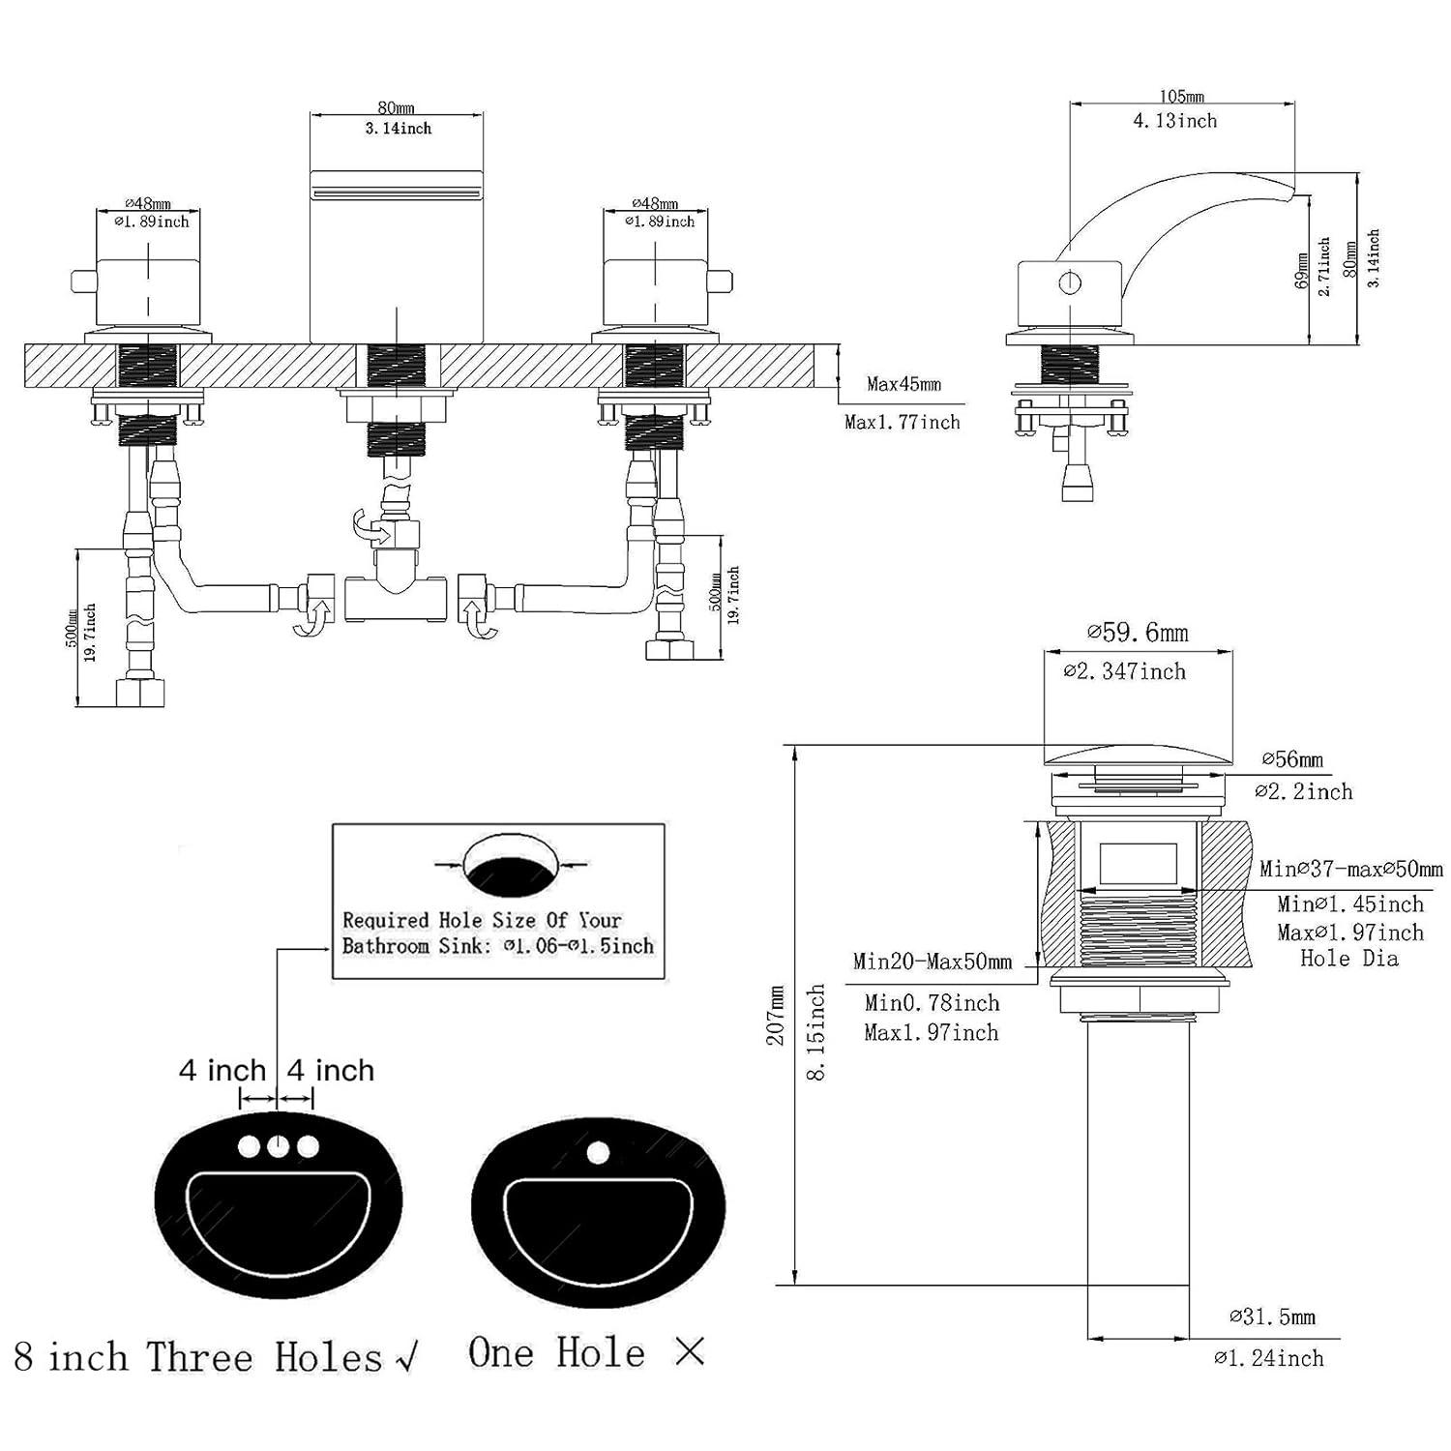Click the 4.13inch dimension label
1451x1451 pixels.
click(1174, 121)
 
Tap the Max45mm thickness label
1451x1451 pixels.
click(903, 384)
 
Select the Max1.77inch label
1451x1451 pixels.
click(902, 422)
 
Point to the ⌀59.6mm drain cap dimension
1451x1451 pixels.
click(1138, 633)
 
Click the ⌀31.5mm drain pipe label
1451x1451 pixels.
click(1272, 1317)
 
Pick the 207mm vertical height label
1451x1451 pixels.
click(776, 1015)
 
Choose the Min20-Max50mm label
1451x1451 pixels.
click(933, 962)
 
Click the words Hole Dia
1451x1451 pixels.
click(1348, 959)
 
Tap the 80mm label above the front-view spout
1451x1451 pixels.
click(396, 108)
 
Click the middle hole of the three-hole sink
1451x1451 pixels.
click(279, 1146)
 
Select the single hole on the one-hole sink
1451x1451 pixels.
click(598, 1152)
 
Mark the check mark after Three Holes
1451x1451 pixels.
click(407, 1358)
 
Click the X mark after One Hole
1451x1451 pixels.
click(690, 1352)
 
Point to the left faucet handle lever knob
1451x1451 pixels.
click(83, 281)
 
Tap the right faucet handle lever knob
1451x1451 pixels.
click(720, 281)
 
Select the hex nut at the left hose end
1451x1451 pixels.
click(139, 694)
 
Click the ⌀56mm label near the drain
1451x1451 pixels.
click(1292, 759)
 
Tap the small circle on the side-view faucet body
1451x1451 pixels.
click(1069, 284)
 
